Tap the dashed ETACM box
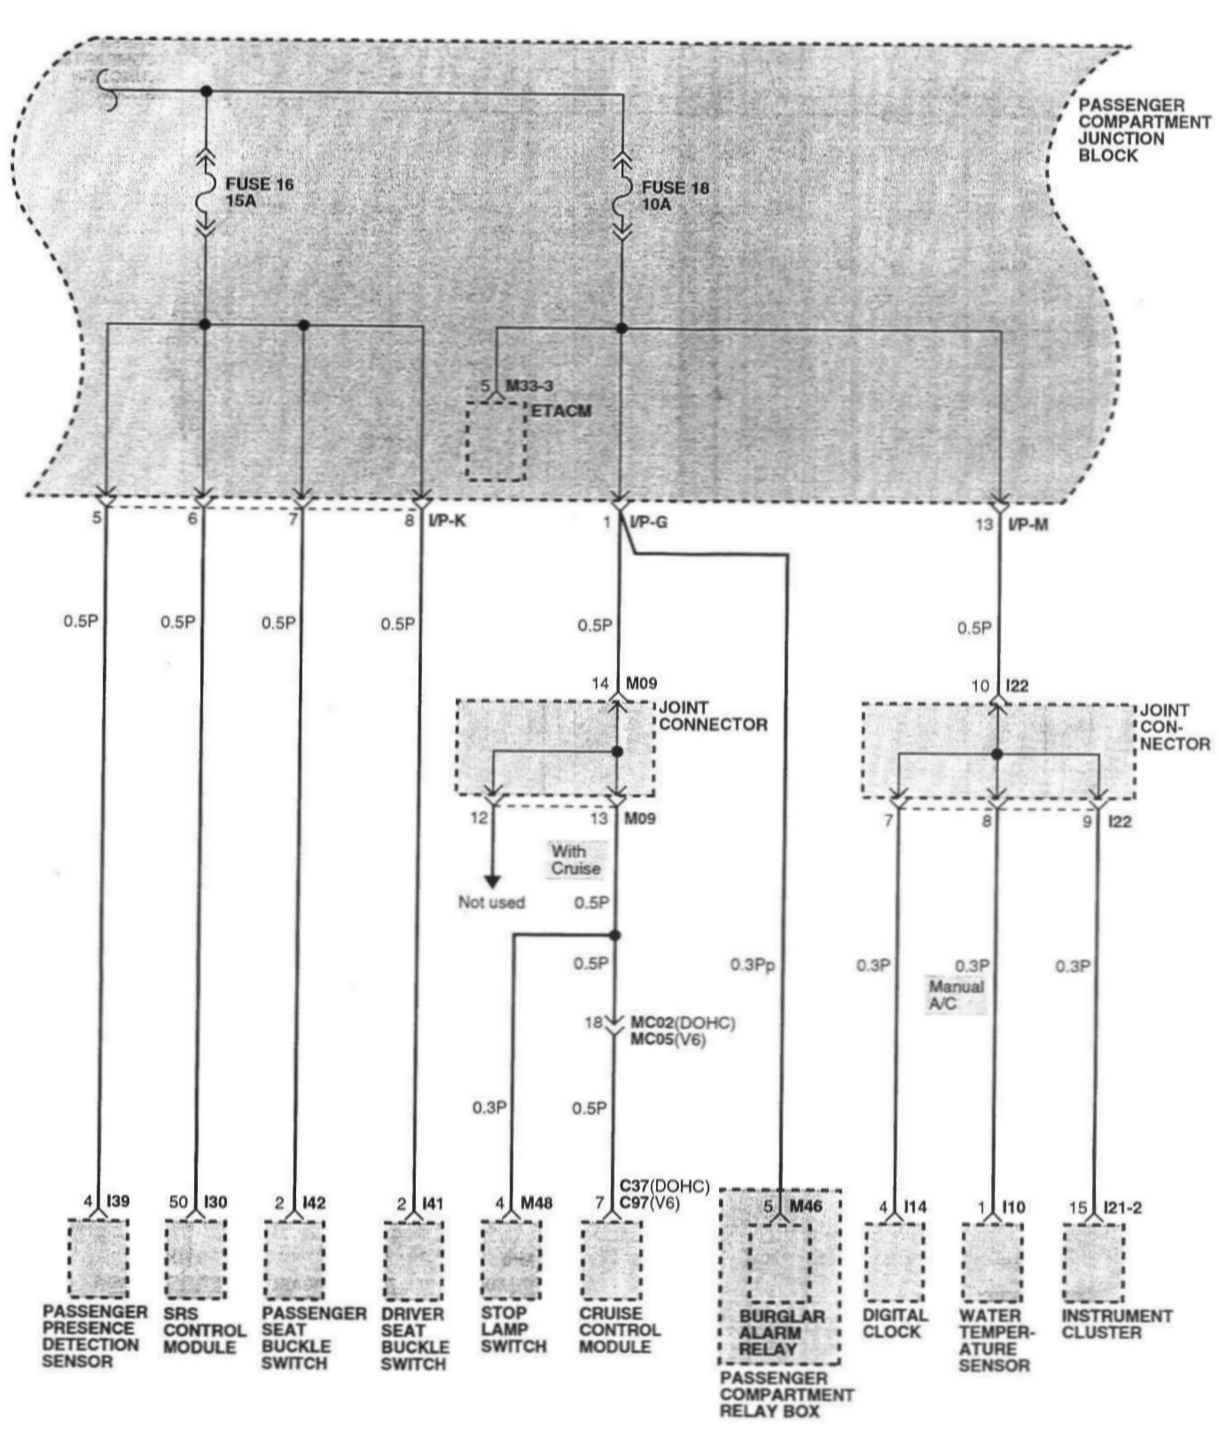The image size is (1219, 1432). coord(496,441)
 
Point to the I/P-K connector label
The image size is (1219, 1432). coord(447,522)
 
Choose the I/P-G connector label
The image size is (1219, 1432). coord(648,523)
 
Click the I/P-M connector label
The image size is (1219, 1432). coord(1028,525)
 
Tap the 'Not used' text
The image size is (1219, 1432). coord(491,903)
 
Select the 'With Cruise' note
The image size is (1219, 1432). coord(575,859)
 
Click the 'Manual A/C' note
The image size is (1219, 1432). coord(955,995)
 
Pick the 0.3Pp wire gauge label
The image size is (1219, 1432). coord(752,965)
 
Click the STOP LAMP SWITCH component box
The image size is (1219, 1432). coord(511,1260)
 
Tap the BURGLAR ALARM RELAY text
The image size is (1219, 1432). coord(781,1333)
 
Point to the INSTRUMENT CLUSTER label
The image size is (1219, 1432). coord(1116,1324)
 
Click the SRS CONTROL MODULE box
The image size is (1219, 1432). coord(194,1259)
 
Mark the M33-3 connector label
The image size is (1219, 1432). coord(529,386)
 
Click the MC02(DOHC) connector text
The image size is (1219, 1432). coord(682,1023)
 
